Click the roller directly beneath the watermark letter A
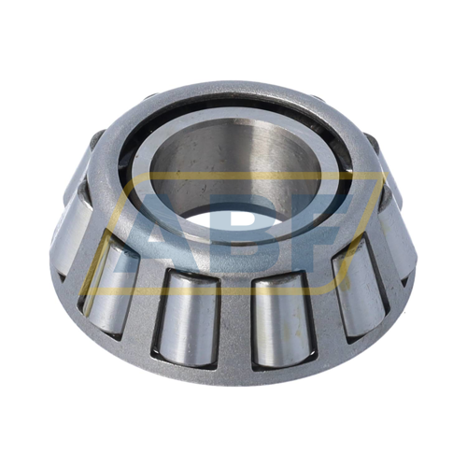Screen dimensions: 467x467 187,318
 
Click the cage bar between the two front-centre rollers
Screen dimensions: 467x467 233,322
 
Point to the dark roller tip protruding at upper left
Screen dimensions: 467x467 95,142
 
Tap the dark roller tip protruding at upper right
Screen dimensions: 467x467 371,142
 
